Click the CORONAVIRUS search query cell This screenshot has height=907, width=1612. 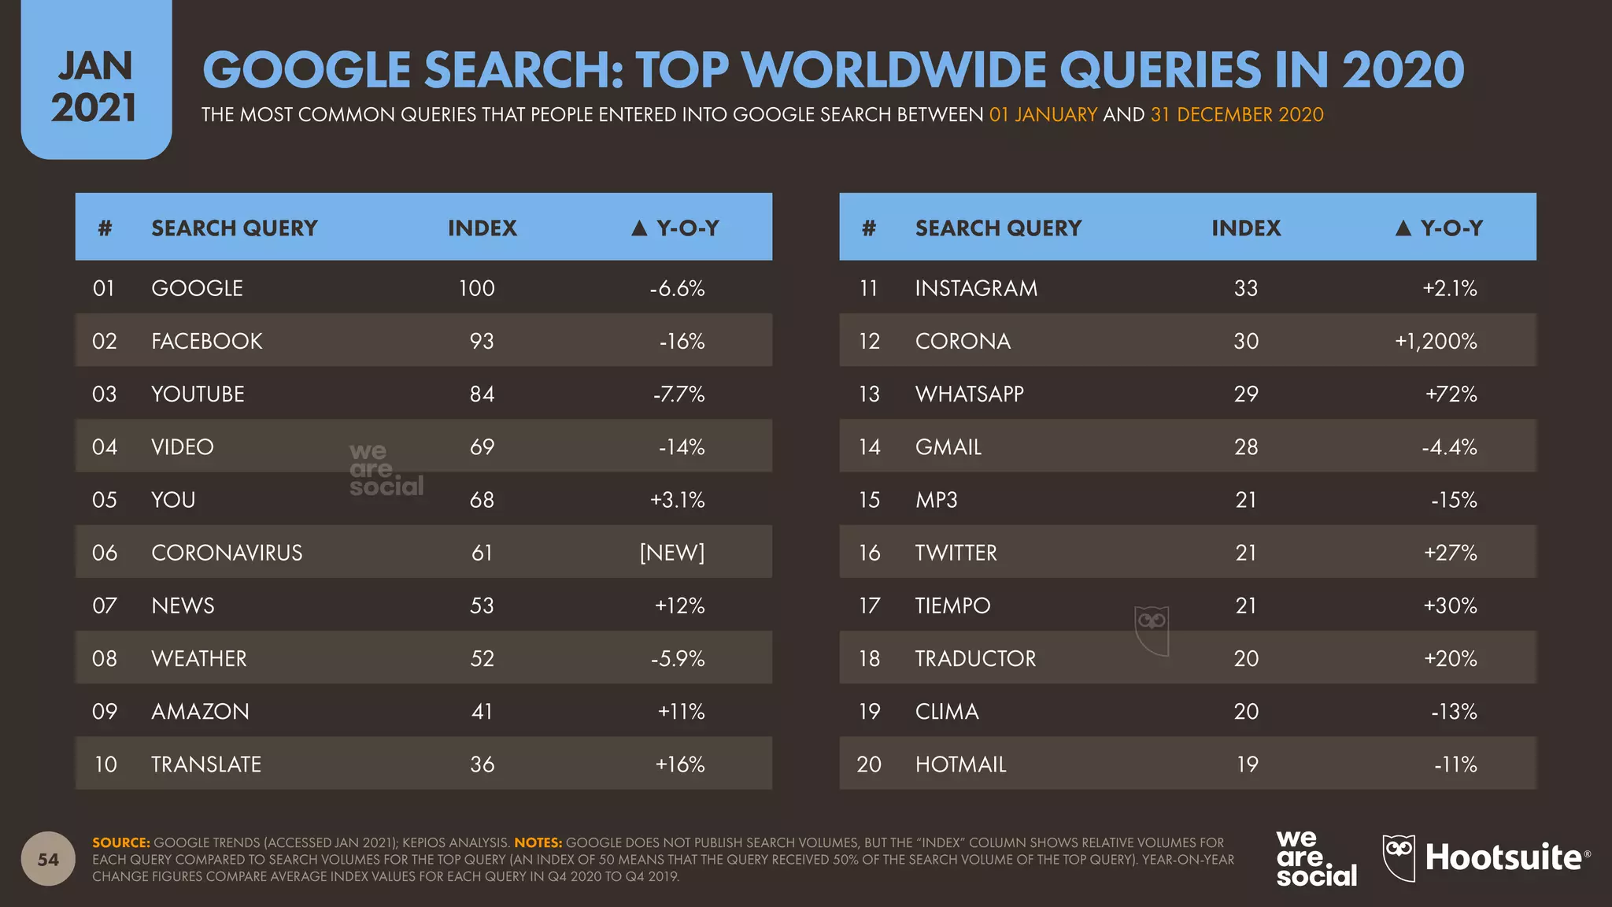pos(227,553)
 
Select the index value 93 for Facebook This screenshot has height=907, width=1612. pos(482,341)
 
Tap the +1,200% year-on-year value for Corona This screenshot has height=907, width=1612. pos(1436,341)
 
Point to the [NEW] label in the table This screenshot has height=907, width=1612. pos(672,553)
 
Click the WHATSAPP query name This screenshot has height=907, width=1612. pos(969,394)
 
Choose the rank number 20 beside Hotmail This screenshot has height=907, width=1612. pos(869,764)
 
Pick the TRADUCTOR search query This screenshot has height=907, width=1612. pos(975,658)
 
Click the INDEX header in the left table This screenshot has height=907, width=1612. pos(482,228)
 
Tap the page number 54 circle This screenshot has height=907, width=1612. pos(48,859)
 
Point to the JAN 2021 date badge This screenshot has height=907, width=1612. pos(95,87)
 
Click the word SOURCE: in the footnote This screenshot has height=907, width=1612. pos(120,842)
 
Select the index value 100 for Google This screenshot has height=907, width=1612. pos(477,288)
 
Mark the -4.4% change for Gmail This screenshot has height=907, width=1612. pos(1449,447)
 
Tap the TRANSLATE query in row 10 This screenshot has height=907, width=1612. pos(206,764)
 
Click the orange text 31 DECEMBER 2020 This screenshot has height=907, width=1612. pos(1237,115)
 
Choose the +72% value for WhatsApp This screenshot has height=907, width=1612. pos(1451,394)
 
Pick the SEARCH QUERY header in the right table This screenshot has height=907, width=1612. pos(998,228)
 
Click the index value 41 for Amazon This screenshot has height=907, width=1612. pos(482,712)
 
